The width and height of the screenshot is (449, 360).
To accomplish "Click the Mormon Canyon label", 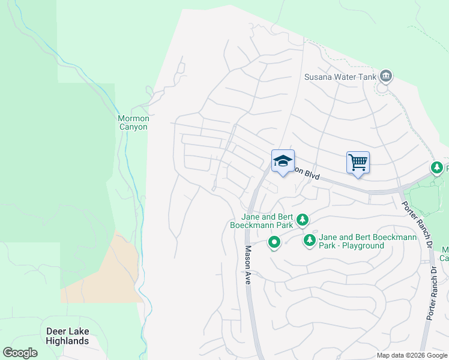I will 133,122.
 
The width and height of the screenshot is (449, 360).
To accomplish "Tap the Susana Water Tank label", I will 340,76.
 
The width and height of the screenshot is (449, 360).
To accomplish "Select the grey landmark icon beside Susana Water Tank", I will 385,76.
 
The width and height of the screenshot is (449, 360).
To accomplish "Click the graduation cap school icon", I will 283,161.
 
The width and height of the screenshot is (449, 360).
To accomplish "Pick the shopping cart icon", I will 358,162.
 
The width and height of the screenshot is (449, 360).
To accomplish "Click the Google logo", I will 20,353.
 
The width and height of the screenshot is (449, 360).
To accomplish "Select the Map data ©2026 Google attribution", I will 412,355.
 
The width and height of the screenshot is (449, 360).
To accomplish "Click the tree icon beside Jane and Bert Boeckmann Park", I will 303,220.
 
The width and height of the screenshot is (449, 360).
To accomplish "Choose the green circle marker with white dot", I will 274,242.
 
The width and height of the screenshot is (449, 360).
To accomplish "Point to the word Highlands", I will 68,341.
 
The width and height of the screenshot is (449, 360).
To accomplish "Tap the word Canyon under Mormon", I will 133,127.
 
